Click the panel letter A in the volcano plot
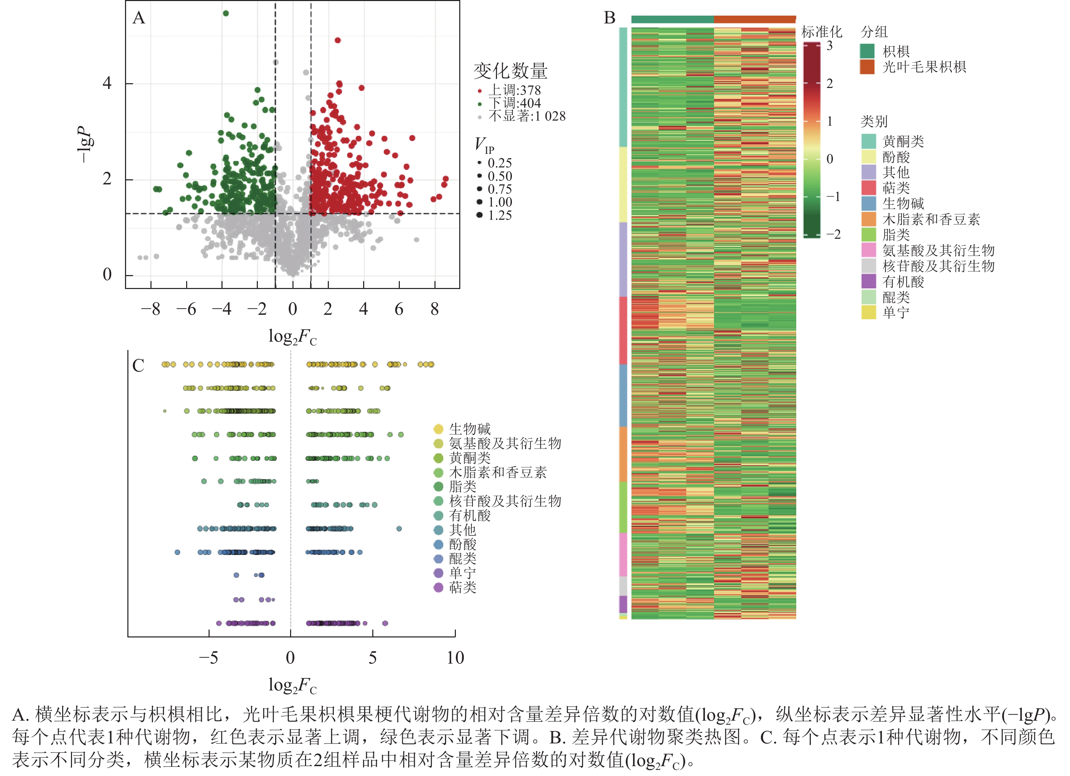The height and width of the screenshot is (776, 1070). tap(139, 18)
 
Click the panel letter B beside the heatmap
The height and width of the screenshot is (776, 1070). tap(609, 18)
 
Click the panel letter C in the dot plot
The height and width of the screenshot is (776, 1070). tap(138, 366)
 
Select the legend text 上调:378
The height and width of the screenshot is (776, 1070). tap(514, 90)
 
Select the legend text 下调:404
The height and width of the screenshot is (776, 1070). tap(514, 103)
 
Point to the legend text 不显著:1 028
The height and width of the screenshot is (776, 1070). tap(527, 116)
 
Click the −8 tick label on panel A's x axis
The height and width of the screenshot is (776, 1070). tap(150, 309)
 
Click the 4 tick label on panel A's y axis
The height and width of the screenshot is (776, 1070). tap(107, 84)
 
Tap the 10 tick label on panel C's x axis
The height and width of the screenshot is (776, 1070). tap(455, 657)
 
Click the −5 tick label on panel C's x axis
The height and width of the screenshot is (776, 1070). tap(209, 657)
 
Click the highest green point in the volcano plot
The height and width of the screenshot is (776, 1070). tap(226, 13)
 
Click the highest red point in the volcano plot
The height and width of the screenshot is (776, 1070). tap(337, 40)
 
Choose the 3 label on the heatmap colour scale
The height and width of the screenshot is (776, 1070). tap(830, 46)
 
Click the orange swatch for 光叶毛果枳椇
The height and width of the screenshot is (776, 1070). tap(867, 67)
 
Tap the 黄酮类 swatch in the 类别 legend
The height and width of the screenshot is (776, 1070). tap(869, 141)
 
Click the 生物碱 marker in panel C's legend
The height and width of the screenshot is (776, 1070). tap(438, 429)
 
